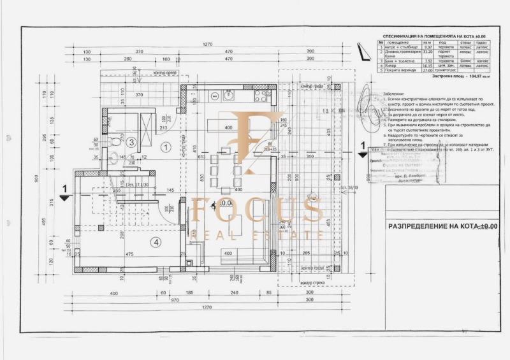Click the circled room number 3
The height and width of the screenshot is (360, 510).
point(130,142)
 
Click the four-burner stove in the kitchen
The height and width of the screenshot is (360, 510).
point(261,96)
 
